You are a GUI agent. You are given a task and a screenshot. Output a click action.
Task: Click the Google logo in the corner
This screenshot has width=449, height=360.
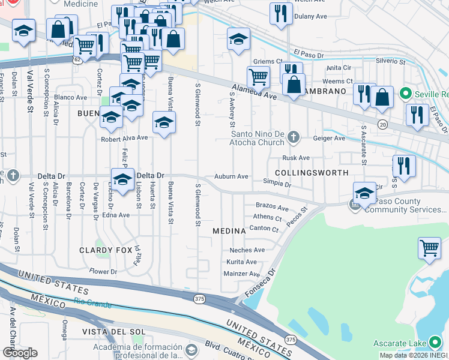click(20, 353)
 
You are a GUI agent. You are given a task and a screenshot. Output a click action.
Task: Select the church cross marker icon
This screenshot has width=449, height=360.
click(294, 137)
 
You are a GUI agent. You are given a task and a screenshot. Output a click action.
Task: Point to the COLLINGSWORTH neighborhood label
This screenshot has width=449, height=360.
click(315, 173)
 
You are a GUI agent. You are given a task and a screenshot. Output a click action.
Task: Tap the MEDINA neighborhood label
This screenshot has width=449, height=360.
click(229, 231)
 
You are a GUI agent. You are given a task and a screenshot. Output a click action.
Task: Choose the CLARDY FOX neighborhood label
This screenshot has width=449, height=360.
click(104, 250)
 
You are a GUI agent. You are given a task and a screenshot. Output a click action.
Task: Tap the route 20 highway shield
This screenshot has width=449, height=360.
click(383, 124)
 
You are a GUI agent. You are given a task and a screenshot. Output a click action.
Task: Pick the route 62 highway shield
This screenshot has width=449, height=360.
click(77, 60)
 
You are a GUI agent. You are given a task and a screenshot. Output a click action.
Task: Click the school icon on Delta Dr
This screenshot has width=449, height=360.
click(122, 179)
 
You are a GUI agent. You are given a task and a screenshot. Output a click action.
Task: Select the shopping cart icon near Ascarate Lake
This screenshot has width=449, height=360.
click(430, 247)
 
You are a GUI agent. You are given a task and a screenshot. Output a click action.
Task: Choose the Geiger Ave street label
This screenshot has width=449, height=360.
click(330, 138)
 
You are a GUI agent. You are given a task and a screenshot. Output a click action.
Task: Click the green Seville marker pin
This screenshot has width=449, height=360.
click(405, 94)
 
